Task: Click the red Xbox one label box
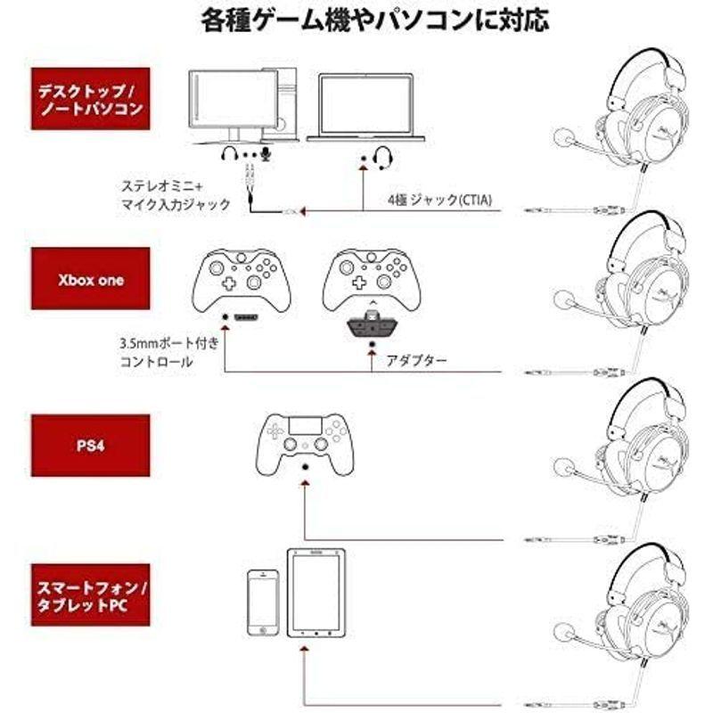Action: coord(90,279)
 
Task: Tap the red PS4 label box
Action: coord(90,446)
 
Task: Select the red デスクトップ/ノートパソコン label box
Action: coord(90,99)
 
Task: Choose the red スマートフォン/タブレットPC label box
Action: coord(90,594)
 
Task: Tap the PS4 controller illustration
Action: coord(305,444)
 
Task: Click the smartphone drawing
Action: coord(263,602)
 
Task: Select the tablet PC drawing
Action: coord(316,593)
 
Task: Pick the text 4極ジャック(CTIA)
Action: coord(439,200)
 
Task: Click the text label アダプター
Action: coord(416,361)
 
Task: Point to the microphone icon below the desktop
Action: coord(266,154)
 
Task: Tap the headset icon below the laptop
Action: coord(383,158)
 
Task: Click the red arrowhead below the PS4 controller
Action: coord(306,481)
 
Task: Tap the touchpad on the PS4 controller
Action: coord(305,426)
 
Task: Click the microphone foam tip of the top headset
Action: coord(563,137)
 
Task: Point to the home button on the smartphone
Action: coord(263,630)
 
